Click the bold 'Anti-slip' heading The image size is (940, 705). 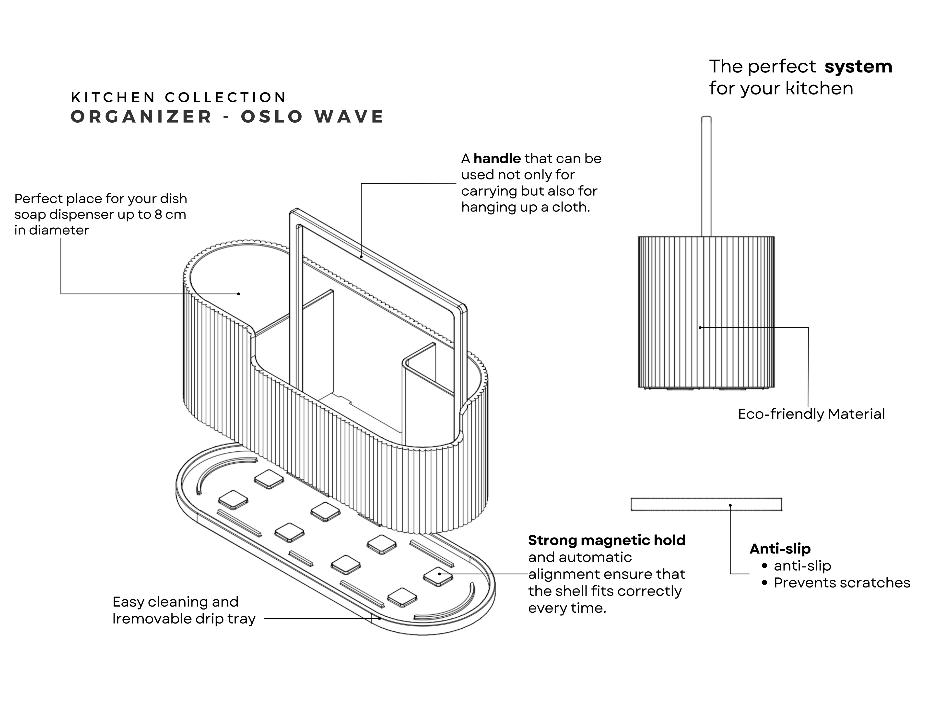(780, 549)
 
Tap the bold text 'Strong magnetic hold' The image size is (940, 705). (606, 540)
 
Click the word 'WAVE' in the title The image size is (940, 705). (349, 117)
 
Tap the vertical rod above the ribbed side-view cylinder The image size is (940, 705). (706, 176)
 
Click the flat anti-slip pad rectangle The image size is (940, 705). (706, 504)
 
